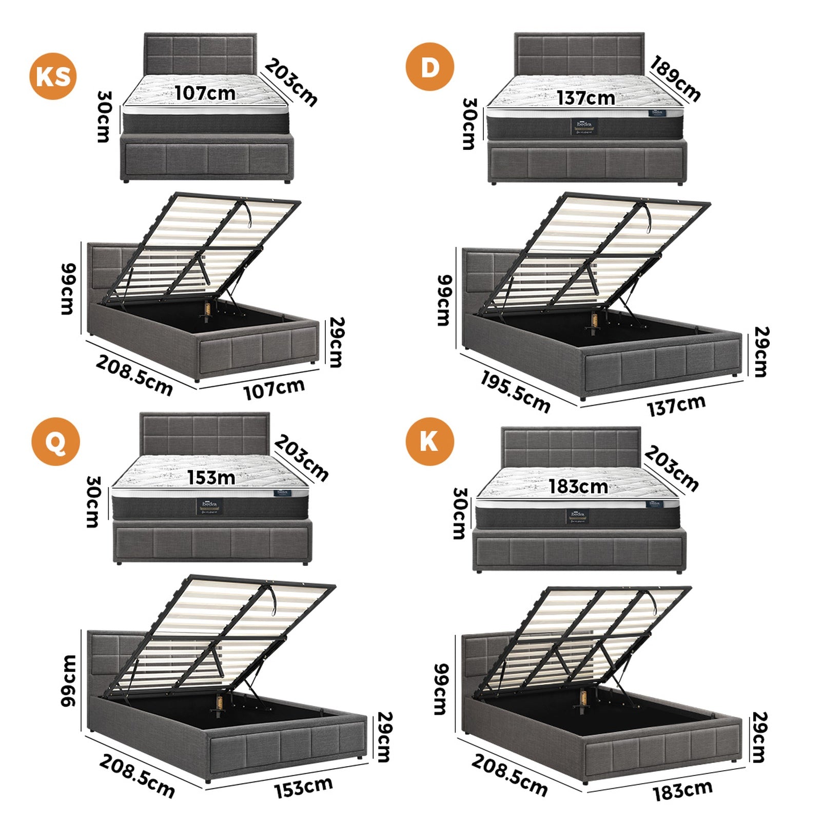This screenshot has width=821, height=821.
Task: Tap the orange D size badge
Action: (429, 67)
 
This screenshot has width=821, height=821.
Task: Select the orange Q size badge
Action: (55, 441)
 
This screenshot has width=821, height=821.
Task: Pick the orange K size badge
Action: (429, 441)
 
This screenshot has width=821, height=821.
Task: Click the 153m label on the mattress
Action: (211, 477)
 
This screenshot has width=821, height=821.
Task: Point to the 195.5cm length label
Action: (515, 392)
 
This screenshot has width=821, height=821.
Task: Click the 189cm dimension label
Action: (675, 79)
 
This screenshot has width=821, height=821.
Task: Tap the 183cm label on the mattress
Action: (578, 486)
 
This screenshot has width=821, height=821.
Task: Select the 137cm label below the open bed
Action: (676, 405)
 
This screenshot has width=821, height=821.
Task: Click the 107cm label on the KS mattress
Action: (205, 93)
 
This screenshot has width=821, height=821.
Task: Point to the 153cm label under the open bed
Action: (303, 787)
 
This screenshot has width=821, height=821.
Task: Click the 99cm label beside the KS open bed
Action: (69, 288)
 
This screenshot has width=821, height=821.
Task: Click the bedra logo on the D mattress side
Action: (584, 126)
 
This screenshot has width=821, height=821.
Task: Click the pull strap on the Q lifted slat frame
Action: (272, 601)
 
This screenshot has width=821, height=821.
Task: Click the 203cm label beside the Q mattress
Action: (301, 458)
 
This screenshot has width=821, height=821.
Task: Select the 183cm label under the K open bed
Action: (682, 790)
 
